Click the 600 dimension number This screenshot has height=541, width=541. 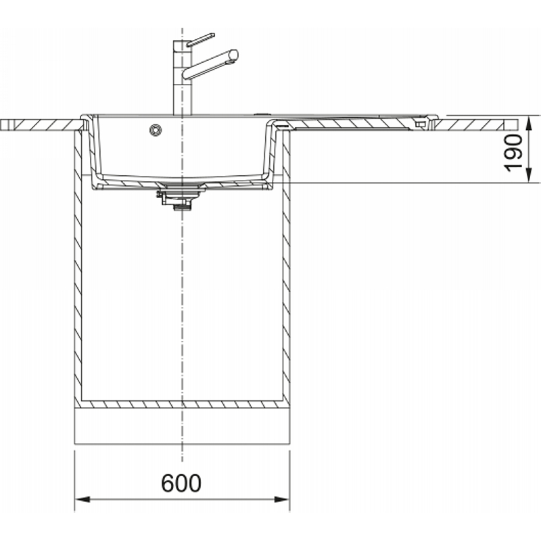pyautogui.click(x=181, y=483)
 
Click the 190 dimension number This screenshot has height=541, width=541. pyautogui.click(x=513, y=153)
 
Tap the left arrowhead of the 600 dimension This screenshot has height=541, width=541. pyautogui.click(x=82, y=499)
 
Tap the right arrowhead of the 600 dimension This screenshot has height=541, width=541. pyautogui.click(x=282, y=499)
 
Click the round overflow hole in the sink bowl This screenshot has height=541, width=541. pyautogui.click(x=156, y=130)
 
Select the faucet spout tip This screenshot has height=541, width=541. pyautogui.click(x=233, y=55)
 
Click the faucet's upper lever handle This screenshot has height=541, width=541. pyautogui.click(x=200, y=40)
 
